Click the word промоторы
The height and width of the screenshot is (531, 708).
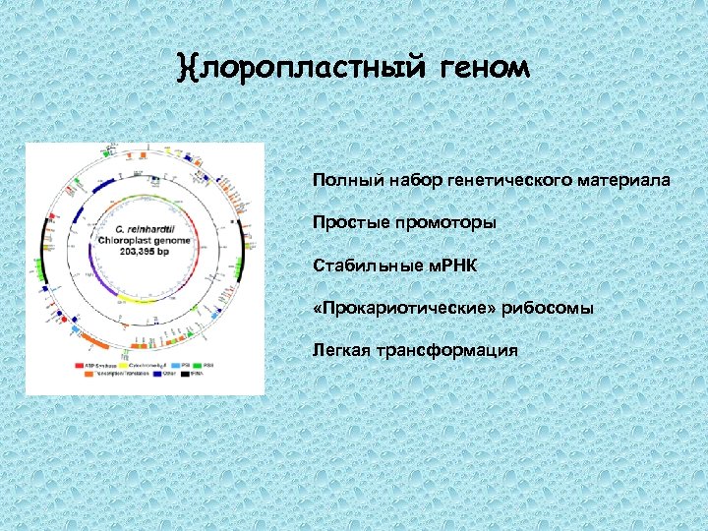[445, 223]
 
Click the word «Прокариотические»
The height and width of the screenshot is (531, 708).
[402, 308]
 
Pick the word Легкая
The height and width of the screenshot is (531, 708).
[339, 350]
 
